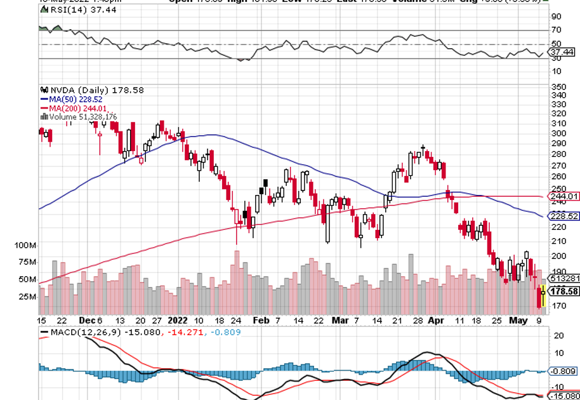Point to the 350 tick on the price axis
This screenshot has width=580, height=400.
[x=558, y=87]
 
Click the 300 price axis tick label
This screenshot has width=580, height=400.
[x=558, y=133]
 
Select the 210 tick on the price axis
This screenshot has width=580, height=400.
[x=558, y=241]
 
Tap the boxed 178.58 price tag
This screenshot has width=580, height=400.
[x=563, y=291]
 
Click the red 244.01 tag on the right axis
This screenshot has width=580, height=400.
[x=563, y=197]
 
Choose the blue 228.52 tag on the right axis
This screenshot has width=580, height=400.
[x=563, y=216]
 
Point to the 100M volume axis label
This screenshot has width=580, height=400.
[x=27, y=245]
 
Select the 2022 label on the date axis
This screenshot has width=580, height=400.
[x=177, y=321]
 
